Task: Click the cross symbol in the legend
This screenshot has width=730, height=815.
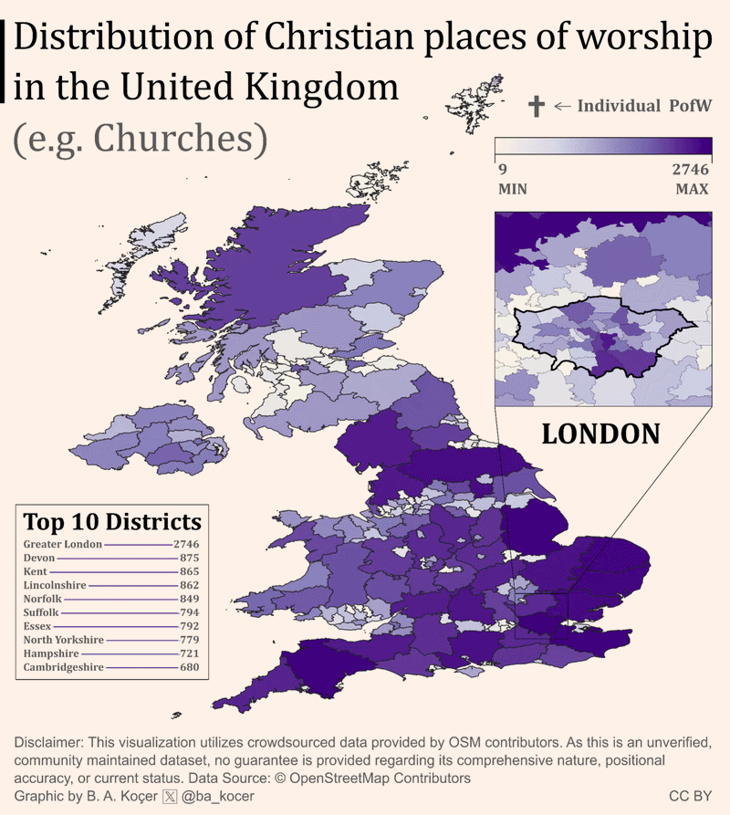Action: click(536, 106)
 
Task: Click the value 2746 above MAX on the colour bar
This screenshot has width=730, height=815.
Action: click(690, 170)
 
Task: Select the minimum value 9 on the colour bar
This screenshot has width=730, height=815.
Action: click(501, 170)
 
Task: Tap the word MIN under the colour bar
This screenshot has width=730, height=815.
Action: click(512, 190)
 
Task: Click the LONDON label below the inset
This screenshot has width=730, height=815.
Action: click(600, 433)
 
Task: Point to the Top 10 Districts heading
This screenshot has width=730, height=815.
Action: click(111, 522)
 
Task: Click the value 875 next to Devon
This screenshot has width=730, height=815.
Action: click(189, 557)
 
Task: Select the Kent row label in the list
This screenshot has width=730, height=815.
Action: click(36, 570)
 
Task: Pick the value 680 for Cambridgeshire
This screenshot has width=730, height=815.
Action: click(189, 668)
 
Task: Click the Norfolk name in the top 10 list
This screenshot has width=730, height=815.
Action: click(43, 598)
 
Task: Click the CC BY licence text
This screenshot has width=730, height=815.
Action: click(689, 796)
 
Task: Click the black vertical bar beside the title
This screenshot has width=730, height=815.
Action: click(7, 62)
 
